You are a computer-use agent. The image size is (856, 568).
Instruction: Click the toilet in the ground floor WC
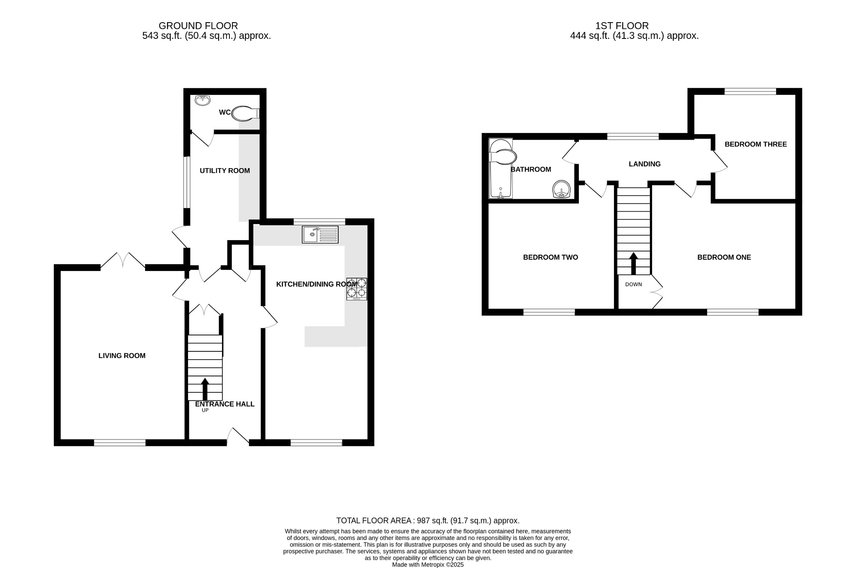click(245, 113)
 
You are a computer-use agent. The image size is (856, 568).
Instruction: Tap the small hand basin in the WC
click(203, 100)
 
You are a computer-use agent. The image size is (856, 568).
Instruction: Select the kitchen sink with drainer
click(320, 234)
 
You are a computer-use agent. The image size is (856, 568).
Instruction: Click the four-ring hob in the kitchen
click(357, 289)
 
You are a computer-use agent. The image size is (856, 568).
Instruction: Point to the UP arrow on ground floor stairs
click(205, 389)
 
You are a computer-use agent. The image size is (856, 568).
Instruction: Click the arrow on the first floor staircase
click(634, 263)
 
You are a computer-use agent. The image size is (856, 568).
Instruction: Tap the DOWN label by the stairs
click(633, 284)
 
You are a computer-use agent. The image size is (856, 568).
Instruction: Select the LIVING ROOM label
click(122, 356)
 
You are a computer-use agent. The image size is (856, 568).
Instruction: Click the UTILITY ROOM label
click(224, 171)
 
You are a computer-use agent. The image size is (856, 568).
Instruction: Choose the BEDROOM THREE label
click(755, 144)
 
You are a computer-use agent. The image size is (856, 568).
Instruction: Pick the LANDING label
click(645, 164)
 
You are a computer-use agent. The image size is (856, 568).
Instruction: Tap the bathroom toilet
click(502, 157)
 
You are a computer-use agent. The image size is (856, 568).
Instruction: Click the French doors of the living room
click(122, 260)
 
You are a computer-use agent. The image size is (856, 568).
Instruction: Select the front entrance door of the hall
click(238, 437)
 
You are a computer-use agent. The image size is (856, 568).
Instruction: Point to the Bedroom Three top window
click(750, 91)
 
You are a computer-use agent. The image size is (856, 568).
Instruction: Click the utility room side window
click(188, 182)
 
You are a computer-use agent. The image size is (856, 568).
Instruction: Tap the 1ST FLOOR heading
click(622, 26)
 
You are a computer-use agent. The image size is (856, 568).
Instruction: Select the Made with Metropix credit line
click(428, 565)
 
